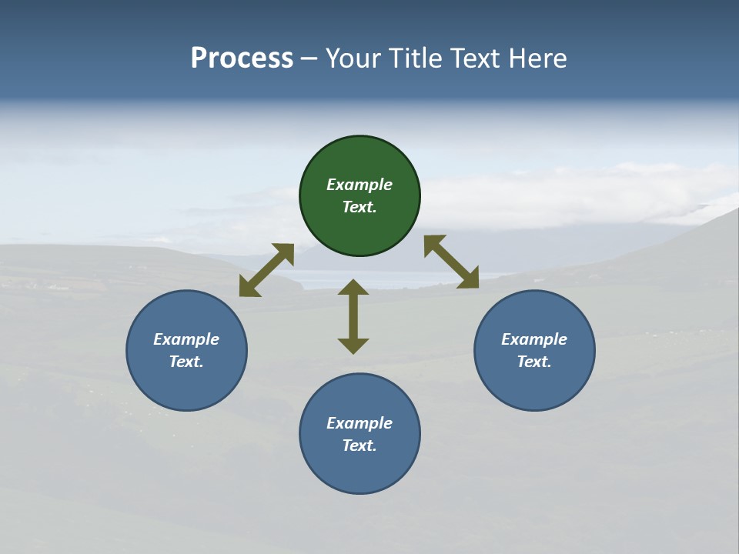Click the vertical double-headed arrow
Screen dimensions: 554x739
[353, 316]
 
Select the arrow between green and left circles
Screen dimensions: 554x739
[266, 270]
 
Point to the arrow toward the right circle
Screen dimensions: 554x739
[451, 262]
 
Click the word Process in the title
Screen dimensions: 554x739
[242, 58]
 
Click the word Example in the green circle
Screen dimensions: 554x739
[359, 185]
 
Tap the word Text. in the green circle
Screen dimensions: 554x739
[359, 207]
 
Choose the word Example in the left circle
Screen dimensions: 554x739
[186, 339]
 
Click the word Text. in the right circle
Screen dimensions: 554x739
[534, 362]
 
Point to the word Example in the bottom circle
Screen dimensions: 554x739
[359, 423]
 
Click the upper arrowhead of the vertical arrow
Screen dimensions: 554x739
[353, 286]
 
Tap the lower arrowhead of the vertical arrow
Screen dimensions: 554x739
[353, 346]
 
